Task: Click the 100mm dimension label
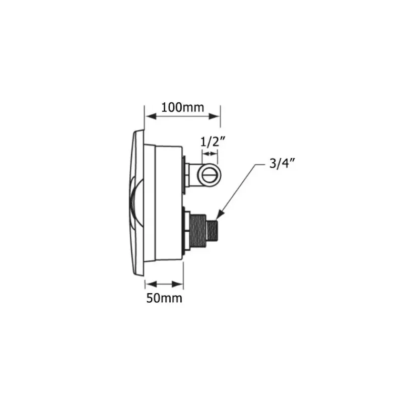(182, 107)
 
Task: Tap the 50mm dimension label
(164, 298)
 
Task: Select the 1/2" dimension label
(213, 142)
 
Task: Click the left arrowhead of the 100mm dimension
(151, 116)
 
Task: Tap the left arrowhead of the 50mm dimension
(151, 284)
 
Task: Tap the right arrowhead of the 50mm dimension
(177, 284)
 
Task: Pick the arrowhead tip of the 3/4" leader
(217, 219)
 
